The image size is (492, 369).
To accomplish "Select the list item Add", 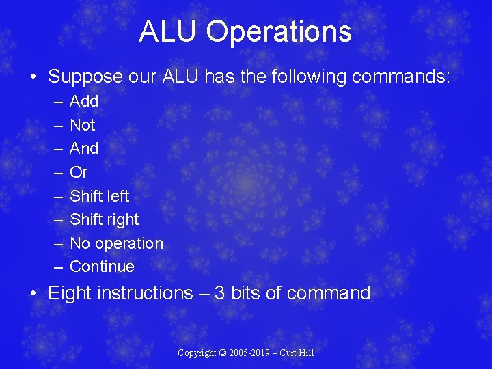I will point(84,101).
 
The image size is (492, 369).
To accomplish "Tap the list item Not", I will point(83,125).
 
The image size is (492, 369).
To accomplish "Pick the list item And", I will point(84,148).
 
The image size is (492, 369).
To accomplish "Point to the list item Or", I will point(79,172).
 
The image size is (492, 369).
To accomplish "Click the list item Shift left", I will point(100,196).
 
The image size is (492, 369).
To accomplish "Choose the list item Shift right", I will point(104,219).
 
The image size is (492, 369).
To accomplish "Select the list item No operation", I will point(116,243).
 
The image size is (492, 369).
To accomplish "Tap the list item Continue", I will point(102,266).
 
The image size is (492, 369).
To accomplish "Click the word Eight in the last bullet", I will point(70,293).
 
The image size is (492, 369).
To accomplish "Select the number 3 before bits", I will point(219,293).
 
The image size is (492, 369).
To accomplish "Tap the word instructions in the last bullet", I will point(146,293).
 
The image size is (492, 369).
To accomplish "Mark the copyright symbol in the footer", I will point(222,353).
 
